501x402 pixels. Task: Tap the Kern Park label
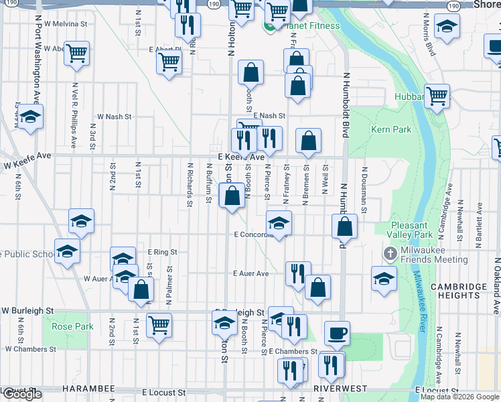pyautogui.click(x=391, y=129)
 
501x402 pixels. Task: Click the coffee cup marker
pyautogui.click(x=337, y=333)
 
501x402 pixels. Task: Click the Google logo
pyautogui.click(x=22, y=394)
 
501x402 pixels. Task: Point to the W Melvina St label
pyautogui.click(x=66, y=23)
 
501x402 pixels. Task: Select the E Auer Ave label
pyautogui.click(x=250, y=273)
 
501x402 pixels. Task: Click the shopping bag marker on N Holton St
pyautogui.click(x=232, y=196)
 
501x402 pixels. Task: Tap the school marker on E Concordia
pyautogui.click(x=279, y=223)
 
